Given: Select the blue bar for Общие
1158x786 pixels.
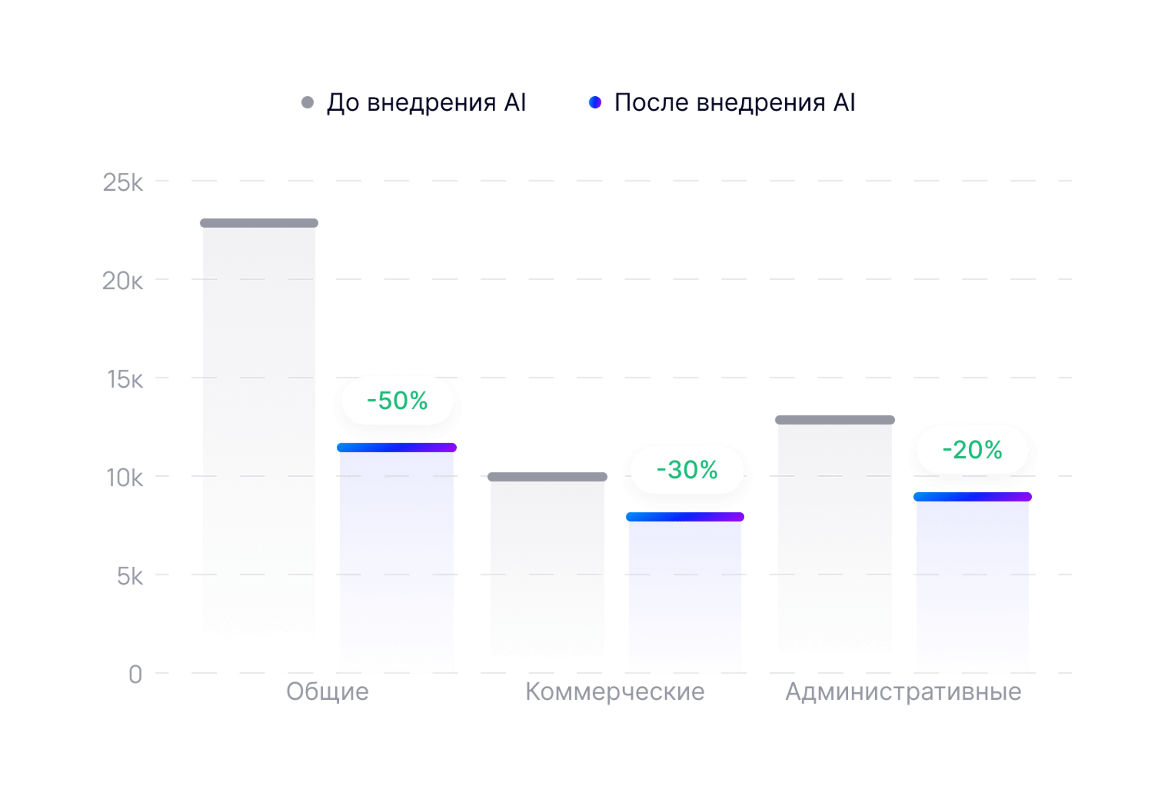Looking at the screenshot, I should pyautogui.click(x=396, y=558).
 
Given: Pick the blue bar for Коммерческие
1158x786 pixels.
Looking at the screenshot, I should pyautogui.click(x=685, y=593).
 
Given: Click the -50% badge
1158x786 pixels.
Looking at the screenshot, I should pyautogui.click(x=397, y=401).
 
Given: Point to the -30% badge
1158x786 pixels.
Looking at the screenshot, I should pyautogui.click(x=687, y=470).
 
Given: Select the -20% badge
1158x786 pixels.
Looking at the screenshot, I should pyautogui.click(x=972, y=450).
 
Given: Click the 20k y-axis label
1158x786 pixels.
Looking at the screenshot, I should pyautogui.click(x=122, y=281).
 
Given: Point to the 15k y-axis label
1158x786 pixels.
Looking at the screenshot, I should pyautogui.click(x=125, y=380).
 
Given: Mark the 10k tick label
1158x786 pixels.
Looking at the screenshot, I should pyautogui.click(x=125, y=478).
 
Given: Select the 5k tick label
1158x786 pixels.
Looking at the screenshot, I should pyautogui.click(x=130, y=577).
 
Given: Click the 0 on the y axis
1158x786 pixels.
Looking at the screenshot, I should pyautogui.click(x=135, y=675).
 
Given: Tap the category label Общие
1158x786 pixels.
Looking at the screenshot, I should pyautogui.click(x=328, y=691).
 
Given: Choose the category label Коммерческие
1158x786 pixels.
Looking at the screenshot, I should pyautogui.click(x=615, y=691).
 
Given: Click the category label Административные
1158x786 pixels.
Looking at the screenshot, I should pyautogui.click(x=903, y=691).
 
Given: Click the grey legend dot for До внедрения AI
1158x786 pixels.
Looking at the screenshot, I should pyautogui.click(x=308, y=103).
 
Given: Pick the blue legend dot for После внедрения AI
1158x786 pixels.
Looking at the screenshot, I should pyautogui.click(x=595, y=103).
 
